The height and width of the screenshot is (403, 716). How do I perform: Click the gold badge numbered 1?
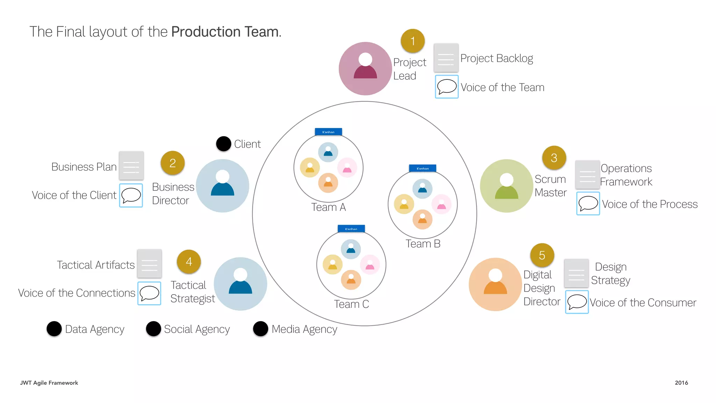(413, 41)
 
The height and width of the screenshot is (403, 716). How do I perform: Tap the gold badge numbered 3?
(554, 158)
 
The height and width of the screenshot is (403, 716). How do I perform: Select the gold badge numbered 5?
(542, 255)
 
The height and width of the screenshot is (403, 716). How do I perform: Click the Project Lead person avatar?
(365, 69)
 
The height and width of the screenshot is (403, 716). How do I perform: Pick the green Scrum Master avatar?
(507, 186)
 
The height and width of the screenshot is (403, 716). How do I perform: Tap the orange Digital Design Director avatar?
(495, 284)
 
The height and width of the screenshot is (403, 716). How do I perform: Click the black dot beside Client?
(224, 144)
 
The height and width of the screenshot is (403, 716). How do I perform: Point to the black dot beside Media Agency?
(260, 329)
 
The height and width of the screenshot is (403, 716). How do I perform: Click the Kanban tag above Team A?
(328, 132)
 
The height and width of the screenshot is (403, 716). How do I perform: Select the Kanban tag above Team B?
(423, 168)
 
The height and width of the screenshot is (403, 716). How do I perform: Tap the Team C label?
(351, 304)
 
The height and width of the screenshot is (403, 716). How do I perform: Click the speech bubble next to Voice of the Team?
(447, 87)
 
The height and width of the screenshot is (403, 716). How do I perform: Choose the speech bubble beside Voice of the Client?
(131, 195)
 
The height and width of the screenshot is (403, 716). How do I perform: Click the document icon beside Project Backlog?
(446, 58)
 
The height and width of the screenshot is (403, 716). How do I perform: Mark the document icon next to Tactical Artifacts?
(149, 263)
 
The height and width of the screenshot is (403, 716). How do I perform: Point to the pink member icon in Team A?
(347, 168)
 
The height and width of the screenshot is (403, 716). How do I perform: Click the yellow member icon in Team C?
(332, 265)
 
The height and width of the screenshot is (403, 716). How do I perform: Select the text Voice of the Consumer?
(643, 303)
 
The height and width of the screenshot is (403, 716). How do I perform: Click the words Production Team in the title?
(225, 32)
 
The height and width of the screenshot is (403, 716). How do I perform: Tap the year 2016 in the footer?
(681, 383)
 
